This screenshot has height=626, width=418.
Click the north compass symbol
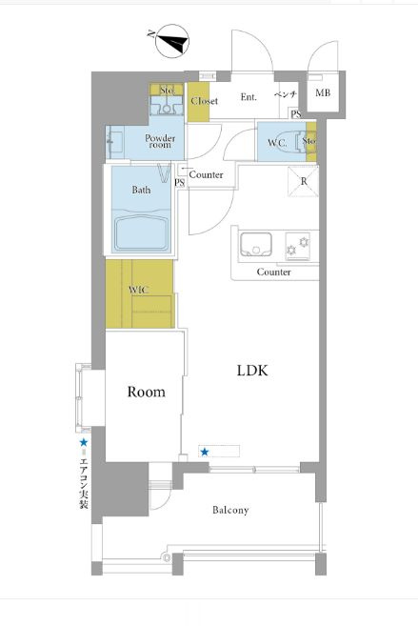[172, 41]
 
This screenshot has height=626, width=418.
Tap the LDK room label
[252, 371]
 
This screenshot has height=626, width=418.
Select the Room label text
[146, 392]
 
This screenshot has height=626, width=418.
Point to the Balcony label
[230, 510]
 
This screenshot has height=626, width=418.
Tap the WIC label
[138, 290]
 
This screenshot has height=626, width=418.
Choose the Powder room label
[160, 141]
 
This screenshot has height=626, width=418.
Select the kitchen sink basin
[256, 244]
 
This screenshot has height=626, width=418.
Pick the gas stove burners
[297, 247]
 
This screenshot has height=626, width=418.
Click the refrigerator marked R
[303, 182]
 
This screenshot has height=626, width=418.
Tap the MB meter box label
[323, 93]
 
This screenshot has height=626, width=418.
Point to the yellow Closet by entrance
[199, 101]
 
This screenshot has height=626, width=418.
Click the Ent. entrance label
[249, 96]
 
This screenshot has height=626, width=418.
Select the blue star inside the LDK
[205, 452]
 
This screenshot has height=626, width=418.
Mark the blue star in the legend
[84, 442]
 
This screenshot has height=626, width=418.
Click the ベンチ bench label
[286, 94]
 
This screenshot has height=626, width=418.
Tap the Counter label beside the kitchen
[273, 272]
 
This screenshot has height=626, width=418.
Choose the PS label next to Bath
[180, 183]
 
